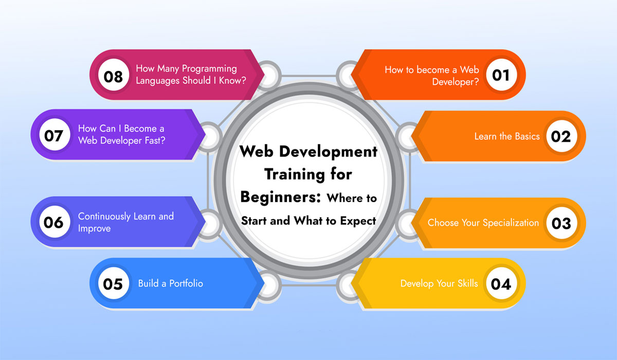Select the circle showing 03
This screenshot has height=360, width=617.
pyautogui.click(x=560, y=223)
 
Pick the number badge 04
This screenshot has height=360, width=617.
pyautogui.click(x=500, y=283)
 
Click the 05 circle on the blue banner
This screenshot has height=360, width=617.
pyautogui.click(x=113, y=283)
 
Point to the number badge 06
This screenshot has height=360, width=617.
pyautogui.click(x=53, y=222)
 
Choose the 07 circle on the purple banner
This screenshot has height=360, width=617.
pyautogui.click(x=53, y=136)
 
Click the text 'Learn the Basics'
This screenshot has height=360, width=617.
pyautogui.click(x=506, y=136)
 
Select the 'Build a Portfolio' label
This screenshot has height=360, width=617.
pyautogui.click(x=170, y=283)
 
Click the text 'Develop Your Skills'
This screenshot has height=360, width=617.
pyautogui.click(x=439, y=283)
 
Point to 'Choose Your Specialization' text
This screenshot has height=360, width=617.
pyautogui.click(x=483, y=223)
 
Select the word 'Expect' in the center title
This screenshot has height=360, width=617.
pyautogui.click(x=358, y=220)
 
